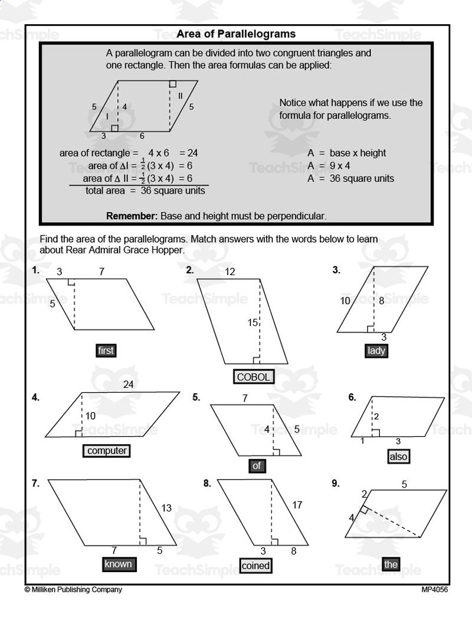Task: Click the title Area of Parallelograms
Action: click(236, 34)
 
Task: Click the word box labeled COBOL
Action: click(253, 377)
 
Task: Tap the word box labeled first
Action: click(106, 350)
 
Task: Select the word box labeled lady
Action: click(376, 350)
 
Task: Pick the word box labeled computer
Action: click(107, 451)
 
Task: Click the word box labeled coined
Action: click(255, 565)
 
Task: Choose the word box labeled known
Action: click(118, 564)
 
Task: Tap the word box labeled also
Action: click(399, 456)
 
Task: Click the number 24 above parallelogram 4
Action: click(129, 385)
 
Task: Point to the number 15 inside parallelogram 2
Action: click(253, 323)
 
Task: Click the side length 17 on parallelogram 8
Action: click(297, 505)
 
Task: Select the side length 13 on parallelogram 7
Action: click(166, 508)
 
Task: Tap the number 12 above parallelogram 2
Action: click(230, 272)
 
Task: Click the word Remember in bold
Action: click(132, 216)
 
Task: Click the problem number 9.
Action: click(335, 483)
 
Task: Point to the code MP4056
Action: click(434, 589)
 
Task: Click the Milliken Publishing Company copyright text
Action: click(73, 589)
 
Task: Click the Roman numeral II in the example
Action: click(180, 96)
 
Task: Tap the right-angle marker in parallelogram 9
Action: click(365, 509)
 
